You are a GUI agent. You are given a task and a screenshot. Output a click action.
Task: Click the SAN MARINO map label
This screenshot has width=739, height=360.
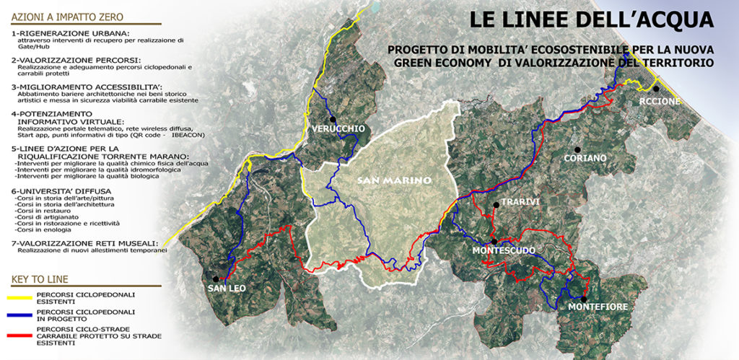(x=393, y=180)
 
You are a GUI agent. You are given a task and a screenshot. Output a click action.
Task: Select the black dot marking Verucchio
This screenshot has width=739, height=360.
(x=332, y=119)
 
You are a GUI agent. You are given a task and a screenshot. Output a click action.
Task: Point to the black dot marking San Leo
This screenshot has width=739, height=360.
(x=216, y=278)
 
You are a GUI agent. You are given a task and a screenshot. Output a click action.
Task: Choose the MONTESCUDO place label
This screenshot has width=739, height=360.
(x=503, y=250)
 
